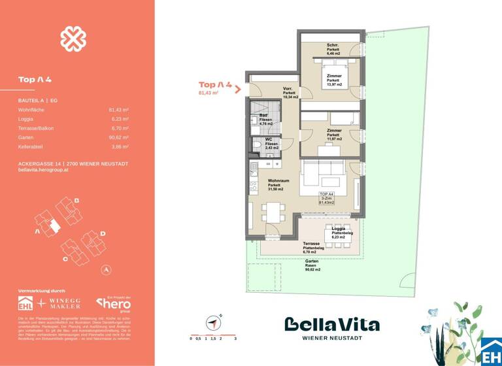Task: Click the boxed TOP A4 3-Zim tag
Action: (x=326, y=199)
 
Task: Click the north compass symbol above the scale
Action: (x=213, y=322)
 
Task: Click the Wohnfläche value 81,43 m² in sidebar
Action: (x=118, y=110)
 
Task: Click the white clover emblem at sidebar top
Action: (x=73, y=39)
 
